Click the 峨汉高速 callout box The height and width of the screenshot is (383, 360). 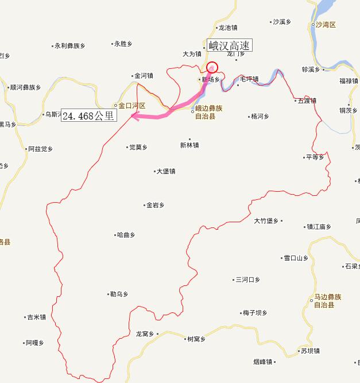(229, 46)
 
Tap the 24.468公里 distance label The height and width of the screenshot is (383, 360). (88, 115)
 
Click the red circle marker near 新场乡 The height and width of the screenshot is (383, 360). (212, 67)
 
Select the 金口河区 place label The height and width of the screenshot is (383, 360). (132, 106)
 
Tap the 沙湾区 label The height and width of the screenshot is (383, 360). (325, 25)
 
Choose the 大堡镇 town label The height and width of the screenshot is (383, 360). (165, 171)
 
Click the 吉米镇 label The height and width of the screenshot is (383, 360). (36, 317)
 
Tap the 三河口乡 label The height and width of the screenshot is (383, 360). (247, 280)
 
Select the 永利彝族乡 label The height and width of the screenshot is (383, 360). (69, 46)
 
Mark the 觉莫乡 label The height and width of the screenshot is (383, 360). (138, 147)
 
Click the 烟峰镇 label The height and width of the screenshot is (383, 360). (264, 362)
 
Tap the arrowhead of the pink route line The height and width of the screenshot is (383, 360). (134, 115)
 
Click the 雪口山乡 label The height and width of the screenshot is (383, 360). (296, 258)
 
